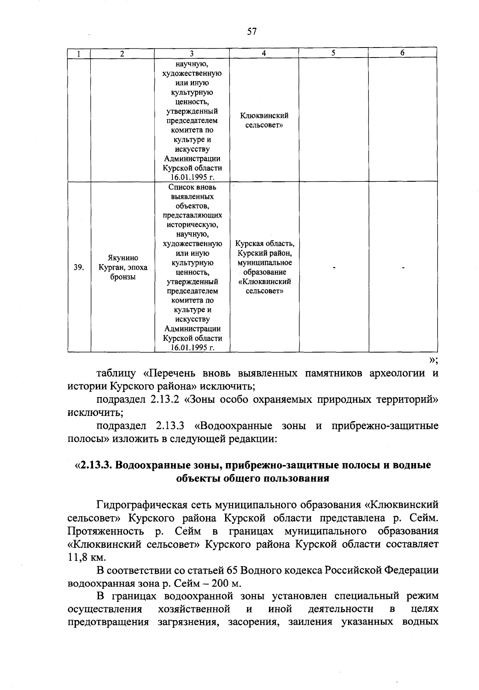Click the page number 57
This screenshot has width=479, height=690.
point(251,32)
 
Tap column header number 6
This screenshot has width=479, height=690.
point(402,53)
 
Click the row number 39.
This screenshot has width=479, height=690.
point(79,268)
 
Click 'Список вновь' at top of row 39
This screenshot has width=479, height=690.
point(192,187)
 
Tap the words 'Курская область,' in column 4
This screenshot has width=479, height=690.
point(265,244)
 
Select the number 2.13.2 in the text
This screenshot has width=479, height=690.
point(166,400)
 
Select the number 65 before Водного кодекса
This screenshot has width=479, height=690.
point(232,570)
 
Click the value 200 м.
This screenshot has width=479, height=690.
point(226,583)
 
